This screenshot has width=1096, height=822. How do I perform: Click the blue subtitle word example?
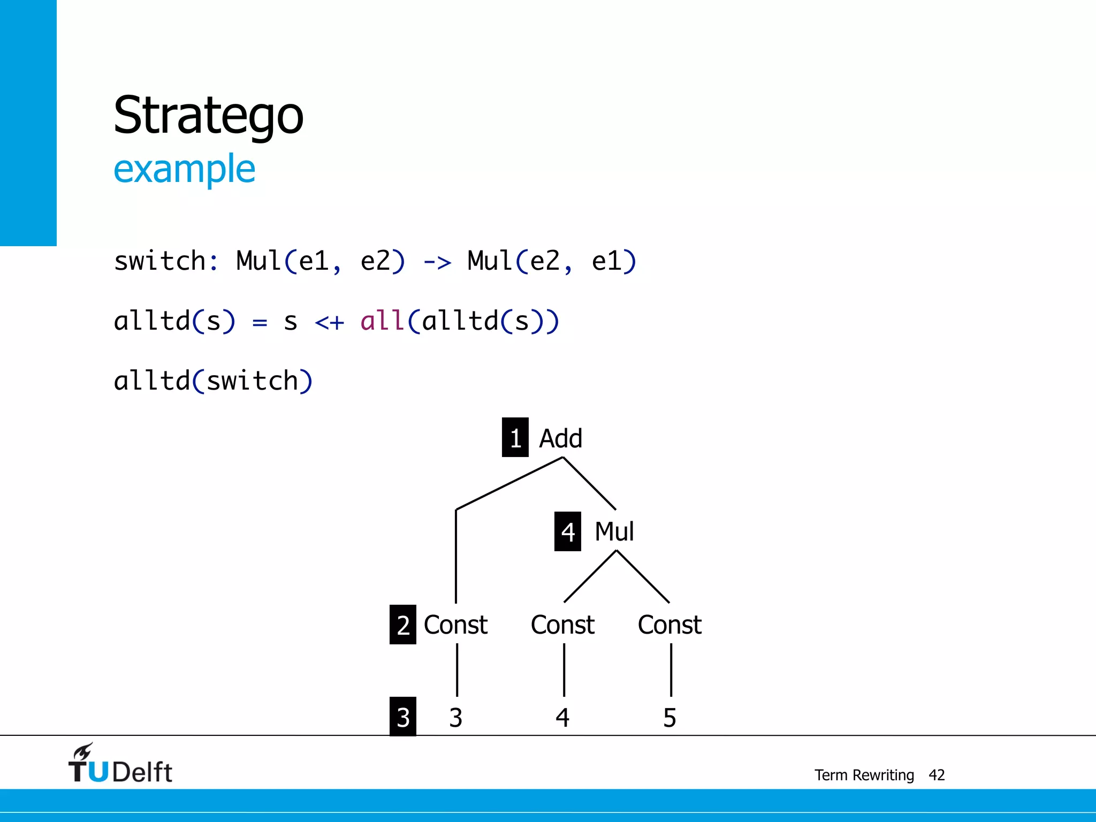point(184,169)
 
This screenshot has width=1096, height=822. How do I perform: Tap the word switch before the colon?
point(160,261)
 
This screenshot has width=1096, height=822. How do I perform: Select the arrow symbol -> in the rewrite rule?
point(437,262)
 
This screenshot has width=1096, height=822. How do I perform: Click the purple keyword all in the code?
point(382,321)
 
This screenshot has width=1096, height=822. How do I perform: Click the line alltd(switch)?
point(213,381)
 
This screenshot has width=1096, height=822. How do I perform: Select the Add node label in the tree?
point(560,438)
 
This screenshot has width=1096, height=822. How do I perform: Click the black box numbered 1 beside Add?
point(515,438)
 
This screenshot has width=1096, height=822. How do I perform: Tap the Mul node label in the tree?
point(614,531)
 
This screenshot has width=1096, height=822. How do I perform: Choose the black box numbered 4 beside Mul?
point(567,531)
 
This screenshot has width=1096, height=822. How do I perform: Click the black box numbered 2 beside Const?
point(402,625)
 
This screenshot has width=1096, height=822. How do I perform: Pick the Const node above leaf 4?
point(562,625)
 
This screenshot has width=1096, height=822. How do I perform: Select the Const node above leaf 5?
point(669,625)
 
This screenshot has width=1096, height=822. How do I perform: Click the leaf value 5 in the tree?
point(669,718)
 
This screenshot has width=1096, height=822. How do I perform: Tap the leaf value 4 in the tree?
point(562,718)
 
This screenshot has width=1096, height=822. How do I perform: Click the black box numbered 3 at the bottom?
point(402,717)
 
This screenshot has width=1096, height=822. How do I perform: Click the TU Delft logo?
point(120,764)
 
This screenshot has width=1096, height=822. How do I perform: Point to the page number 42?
point(937,775)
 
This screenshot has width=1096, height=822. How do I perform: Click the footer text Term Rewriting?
point(864,775)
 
